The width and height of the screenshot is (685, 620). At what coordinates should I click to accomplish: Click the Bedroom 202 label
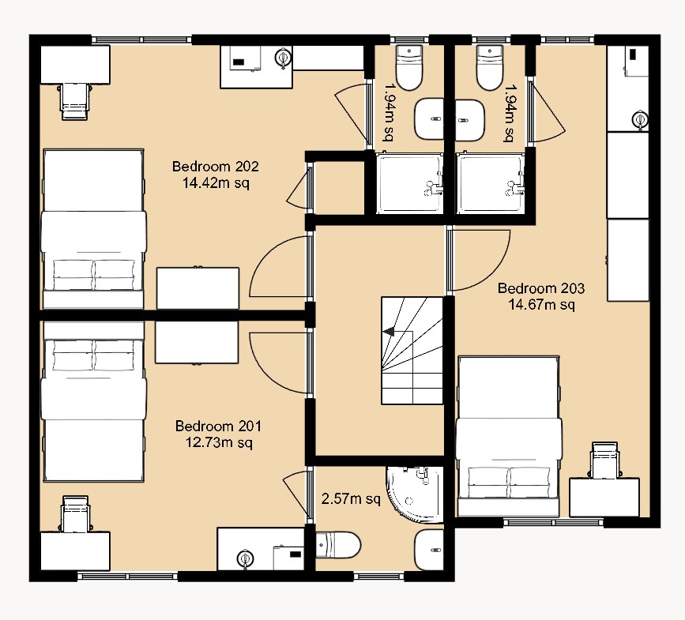tap(216, 167)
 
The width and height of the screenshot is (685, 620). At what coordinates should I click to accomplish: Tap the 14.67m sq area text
tap(541, 303)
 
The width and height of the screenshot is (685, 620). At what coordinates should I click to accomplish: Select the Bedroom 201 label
tap(218, 426)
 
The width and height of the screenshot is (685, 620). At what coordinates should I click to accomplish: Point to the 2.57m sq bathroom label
tap(351, 499)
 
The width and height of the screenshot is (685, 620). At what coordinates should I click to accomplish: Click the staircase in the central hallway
tap(412, 351)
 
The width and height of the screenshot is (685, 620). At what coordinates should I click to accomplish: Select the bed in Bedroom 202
tap(93, 228)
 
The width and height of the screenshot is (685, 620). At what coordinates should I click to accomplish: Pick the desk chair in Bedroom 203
tap(605, 460)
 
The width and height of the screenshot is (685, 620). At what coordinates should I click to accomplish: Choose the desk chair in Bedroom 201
tap(76, 513)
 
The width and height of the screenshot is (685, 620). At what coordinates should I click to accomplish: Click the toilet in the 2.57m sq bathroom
tap(339, 544)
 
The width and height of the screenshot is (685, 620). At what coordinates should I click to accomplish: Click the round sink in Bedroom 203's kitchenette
tap(639, 120)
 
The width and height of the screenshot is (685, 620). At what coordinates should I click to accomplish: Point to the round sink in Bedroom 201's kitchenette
tap(244, 558)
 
